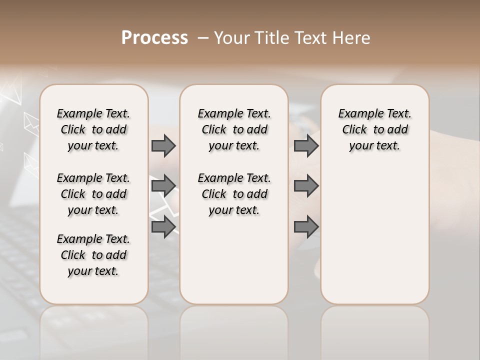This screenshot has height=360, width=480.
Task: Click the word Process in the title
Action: click(x=154, y=37)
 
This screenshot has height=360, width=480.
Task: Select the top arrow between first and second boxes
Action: click(x=163, y=145)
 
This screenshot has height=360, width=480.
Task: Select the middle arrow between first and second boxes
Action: click(x=163, y=186)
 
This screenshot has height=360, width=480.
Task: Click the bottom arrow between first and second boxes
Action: click(x=163, y=227)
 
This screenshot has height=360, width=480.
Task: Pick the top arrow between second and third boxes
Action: click(x=306, y=145)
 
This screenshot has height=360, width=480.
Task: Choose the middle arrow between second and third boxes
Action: click(x=306, y=186)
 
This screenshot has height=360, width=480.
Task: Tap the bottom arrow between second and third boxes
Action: click(x=306, y=227)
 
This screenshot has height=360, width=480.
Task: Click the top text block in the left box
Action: click(x=93, y=129)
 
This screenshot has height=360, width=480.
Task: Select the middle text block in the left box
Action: click(x=93, y=194)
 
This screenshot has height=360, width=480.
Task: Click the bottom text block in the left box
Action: click(x=93, y=255)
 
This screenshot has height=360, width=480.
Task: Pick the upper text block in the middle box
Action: click(x=234, y=129)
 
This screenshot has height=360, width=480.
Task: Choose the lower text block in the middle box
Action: click(x=234, y=194)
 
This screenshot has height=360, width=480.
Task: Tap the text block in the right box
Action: click(x=374, y=129)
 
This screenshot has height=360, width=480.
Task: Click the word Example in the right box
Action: click(x=357, y=114)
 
